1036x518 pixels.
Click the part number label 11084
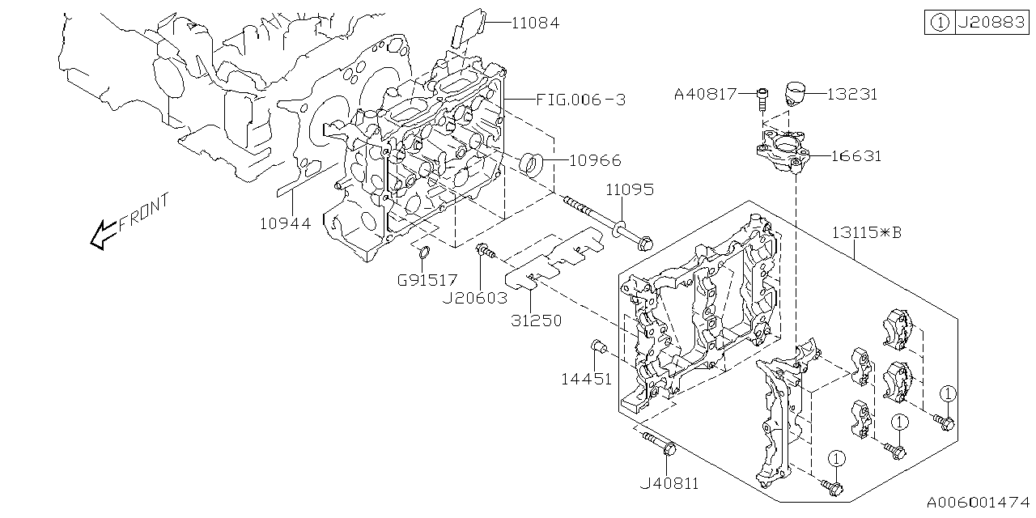point(535,23)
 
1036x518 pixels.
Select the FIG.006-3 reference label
point(581,100)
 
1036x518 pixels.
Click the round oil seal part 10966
point(532,163)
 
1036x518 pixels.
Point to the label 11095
point(631,190)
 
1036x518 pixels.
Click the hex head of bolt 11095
point(644,240)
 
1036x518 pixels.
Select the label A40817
point(705,94)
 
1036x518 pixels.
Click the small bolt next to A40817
point(761,99)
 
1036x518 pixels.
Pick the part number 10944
point(285,223)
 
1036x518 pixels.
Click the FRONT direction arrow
point(103,235)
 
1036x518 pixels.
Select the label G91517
point(427,280)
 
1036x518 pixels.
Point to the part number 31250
point(536,321)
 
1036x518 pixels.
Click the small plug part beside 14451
point(599,347)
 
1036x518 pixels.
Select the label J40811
point(669,484)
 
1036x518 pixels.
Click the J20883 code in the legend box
point(991,23)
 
